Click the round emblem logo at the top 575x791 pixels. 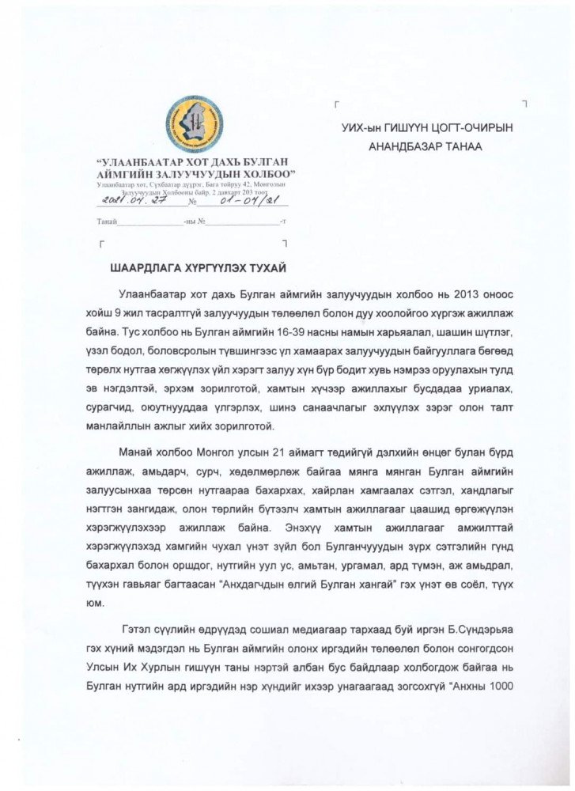[x=194, y=125]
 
